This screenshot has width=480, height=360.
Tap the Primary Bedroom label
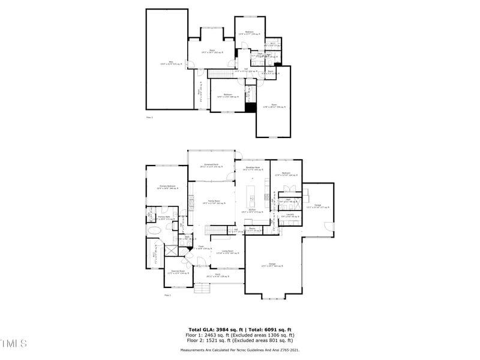point(167,187)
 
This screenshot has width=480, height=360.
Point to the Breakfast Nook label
point(251,169)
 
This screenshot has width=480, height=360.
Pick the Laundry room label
point(290,215)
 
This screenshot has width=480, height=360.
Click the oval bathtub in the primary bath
point(154,230)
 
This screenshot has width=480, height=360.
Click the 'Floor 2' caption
point(149,118)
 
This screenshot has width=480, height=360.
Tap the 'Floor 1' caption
point(167,295)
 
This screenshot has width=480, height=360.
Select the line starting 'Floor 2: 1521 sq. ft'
point(240,340)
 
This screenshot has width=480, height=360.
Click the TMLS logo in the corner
point(14,343)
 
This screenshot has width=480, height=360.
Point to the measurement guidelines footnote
point(240,350)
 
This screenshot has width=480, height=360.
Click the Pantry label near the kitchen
point(253,229)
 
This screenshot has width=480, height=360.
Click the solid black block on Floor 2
point(250,107)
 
